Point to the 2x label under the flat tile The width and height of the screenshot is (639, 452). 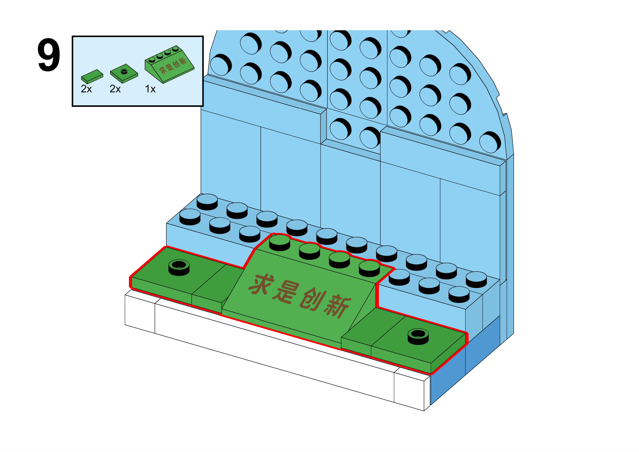pyautogui.click(x=86, y=89)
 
